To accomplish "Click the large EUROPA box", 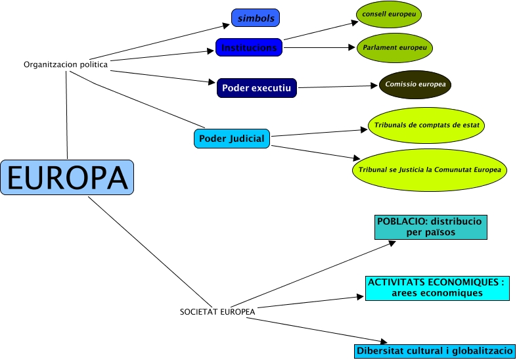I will click(67, 177).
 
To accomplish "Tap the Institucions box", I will click(249, 47).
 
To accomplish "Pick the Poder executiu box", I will click(257, 87).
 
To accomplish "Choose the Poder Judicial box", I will click(233, 139).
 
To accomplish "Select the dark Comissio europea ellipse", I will click(415, 84).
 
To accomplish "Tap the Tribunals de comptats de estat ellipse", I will click(426, 125).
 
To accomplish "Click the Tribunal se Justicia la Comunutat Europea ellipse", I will click(430, 169).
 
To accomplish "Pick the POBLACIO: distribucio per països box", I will click(430, 227).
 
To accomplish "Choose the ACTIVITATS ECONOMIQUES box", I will click(438, 288).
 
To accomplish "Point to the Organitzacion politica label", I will click(66, 64).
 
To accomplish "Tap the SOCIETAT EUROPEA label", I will click(217, 311).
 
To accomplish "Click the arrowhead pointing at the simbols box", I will click(227, 27).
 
